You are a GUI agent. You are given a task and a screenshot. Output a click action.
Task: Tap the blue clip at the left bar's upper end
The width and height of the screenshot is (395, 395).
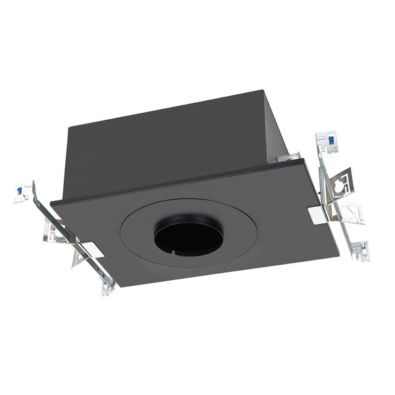click(19, 191)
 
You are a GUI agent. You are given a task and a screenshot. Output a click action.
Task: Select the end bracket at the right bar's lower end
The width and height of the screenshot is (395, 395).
click(359, 251)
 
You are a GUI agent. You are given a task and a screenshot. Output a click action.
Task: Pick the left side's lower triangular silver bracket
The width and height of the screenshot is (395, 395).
click(78, 257)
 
